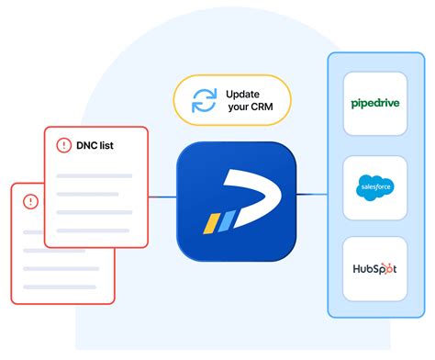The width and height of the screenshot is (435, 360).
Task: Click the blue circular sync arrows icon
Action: tap(203, 99)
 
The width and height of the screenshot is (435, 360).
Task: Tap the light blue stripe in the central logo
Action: tap(224, 221)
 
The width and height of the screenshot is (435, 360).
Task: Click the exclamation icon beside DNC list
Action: tap(64, 145)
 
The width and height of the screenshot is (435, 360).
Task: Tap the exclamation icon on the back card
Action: tap(30, 200)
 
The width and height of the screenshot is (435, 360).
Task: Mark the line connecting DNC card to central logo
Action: tap(163, 195)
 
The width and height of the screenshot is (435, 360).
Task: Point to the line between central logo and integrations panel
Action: tap(312, 195)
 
